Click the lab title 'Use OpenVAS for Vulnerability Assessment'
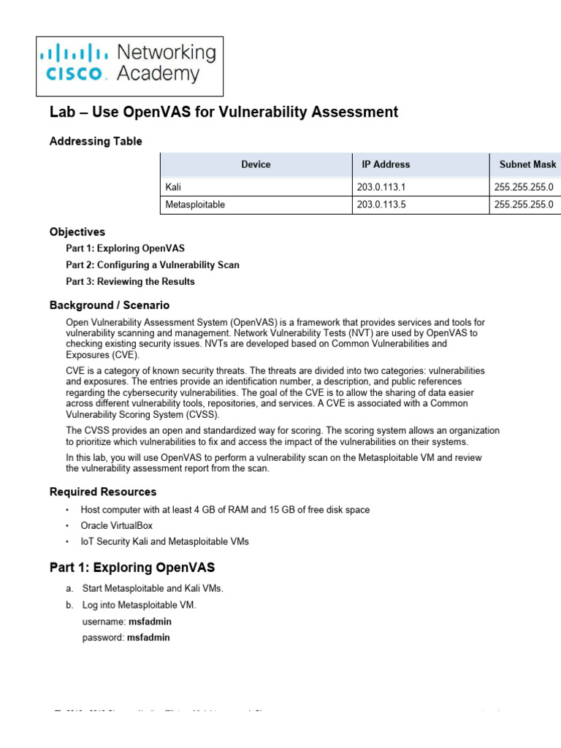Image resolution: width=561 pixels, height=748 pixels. (224, 112)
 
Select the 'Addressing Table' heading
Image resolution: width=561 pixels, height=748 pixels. (96, 141)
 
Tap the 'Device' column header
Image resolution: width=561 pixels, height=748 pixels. (256, 164)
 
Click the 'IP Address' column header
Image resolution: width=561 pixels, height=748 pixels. (386, 164)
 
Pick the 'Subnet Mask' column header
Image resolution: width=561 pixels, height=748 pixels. (527, 164)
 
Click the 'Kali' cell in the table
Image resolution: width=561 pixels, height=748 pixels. (173, 187)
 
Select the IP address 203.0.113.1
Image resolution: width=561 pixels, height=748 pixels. (381, 187)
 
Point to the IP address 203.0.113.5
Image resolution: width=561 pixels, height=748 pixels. (381, 205)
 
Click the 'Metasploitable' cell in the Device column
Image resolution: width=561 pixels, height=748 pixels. (196, 205)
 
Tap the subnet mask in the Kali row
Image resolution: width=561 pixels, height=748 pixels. (524, 187)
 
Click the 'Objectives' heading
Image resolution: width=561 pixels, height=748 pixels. (77, 232)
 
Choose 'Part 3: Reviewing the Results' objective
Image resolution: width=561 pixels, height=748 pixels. (130, 281)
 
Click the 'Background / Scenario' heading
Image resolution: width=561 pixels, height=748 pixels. (110, 305)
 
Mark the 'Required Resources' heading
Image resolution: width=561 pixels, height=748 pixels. (103, 492)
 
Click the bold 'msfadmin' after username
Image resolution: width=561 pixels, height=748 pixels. (150, 622)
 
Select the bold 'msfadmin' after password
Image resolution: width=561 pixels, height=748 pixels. (148, 637)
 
